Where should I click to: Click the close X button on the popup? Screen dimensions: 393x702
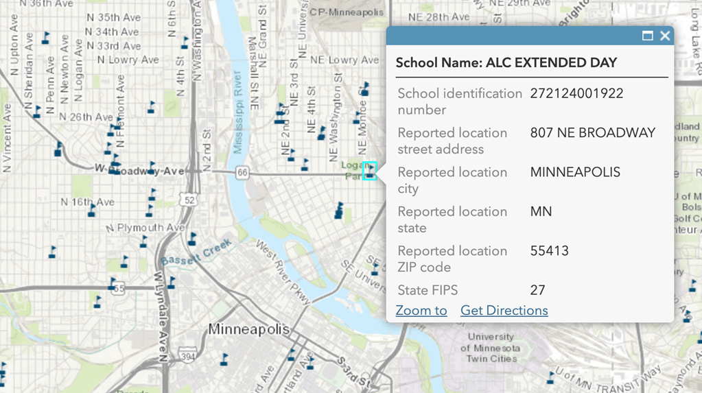(664, 36)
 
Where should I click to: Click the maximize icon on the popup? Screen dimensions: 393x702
(647, 36)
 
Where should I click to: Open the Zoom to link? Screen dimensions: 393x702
(421, 311)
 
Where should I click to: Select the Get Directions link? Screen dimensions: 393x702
(504, 311)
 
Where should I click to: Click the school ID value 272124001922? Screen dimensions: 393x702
(576, 93)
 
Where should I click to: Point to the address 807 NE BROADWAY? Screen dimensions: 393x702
(592, 133)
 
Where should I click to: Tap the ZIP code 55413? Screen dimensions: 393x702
(549, 251)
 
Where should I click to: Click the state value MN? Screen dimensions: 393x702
(541, 212)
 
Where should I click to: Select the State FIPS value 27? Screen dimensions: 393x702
(537, 290)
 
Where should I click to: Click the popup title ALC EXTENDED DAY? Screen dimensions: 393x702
(506, 62)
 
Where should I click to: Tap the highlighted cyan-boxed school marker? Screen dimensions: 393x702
(369, 171)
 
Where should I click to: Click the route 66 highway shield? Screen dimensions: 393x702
(242, 174)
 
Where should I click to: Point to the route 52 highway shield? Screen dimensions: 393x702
(189, 200)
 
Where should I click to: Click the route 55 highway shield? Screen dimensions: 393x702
(119, 289)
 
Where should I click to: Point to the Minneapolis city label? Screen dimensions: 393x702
(249, 329)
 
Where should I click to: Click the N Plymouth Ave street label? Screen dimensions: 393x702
(145, 228)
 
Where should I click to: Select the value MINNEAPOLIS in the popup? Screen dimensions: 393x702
(575, 172)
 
